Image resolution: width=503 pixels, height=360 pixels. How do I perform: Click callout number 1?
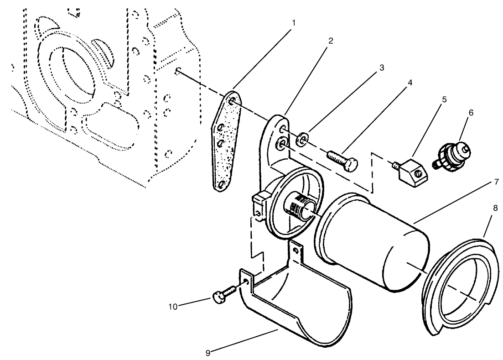[x=293, y=22]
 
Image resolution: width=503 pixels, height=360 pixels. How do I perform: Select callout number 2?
[x=331, y=41]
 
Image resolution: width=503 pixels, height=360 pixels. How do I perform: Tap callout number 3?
[x=381, y=68]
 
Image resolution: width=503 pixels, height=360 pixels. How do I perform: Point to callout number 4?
[x=410, y=83]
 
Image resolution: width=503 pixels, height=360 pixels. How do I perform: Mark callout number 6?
[x=471, y=113]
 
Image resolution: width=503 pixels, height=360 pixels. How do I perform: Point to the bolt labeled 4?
[x=342, y=160]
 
